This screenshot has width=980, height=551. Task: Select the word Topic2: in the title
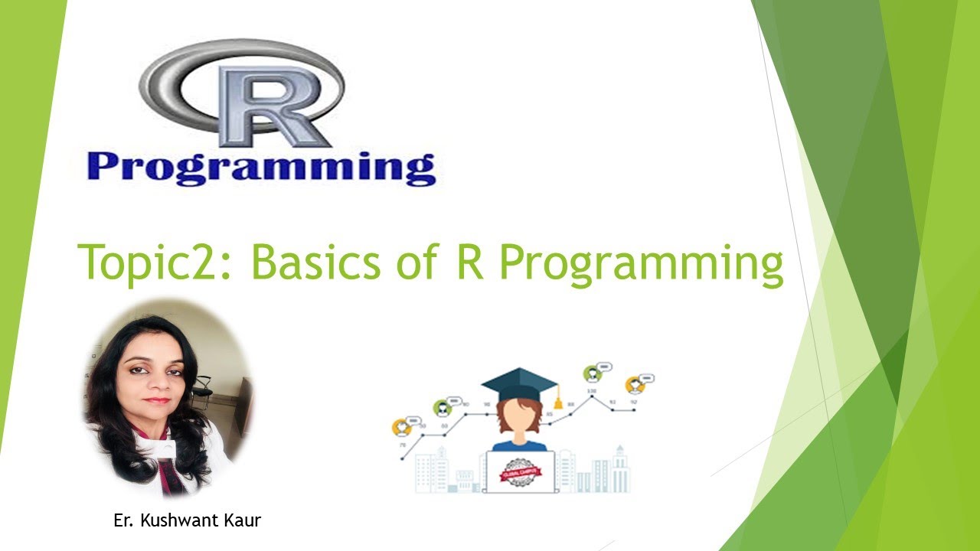click(x=157, y=263)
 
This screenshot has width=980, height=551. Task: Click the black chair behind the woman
click(x=203, y=386)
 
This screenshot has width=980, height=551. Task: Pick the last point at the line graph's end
click(x=634, y=410)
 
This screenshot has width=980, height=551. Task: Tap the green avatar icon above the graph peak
click(x=592, y=374)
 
